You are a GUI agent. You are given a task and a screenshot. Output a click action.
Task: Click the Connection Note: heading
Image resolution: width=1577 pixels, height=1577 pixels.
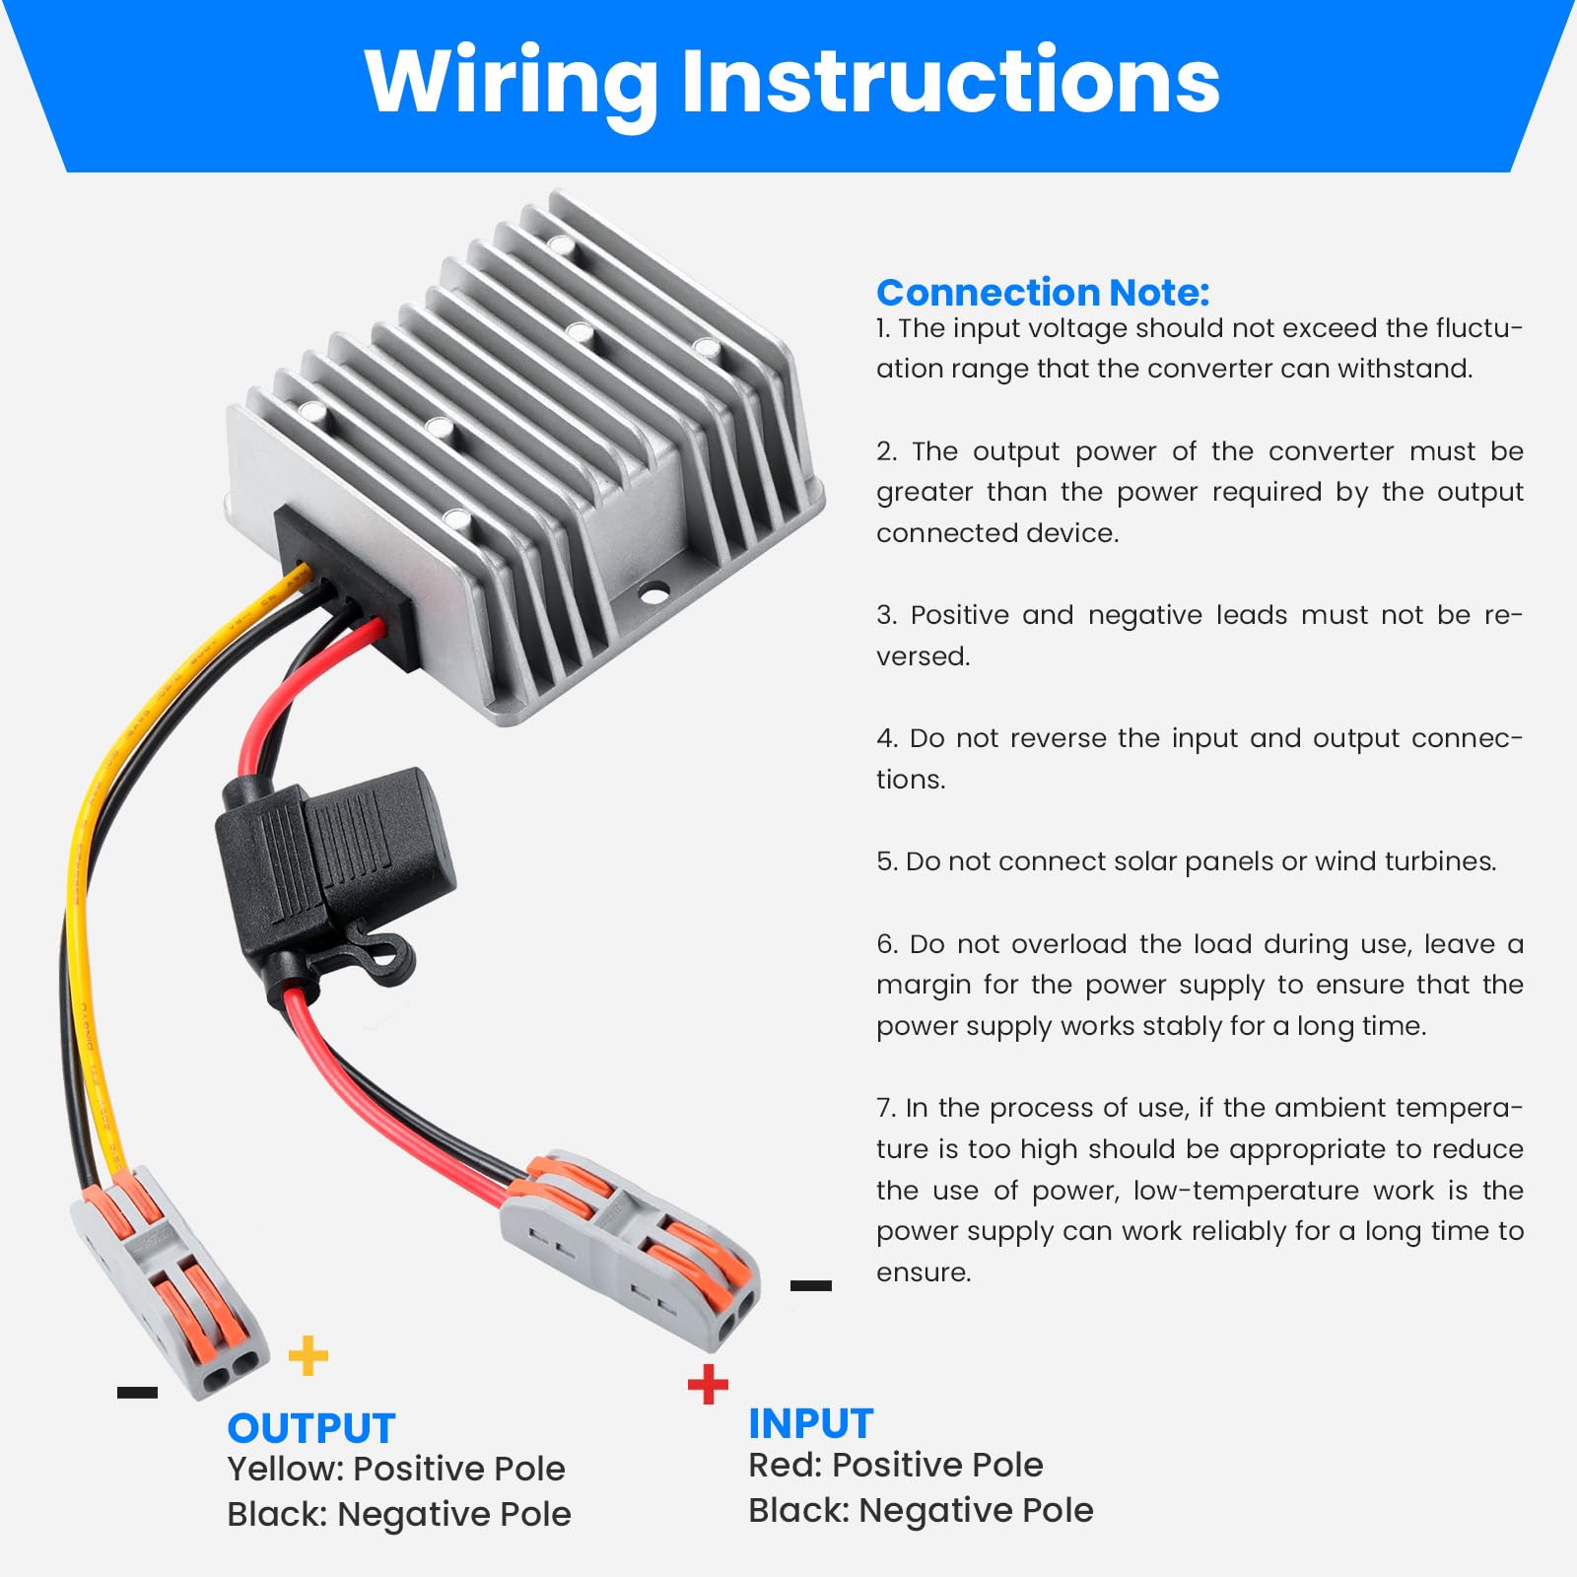(x=1042, y=293)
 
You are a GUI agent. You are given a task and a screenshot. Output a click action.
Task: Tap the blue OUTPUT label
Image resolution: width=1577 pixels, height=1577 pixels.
(x=310, y=1428)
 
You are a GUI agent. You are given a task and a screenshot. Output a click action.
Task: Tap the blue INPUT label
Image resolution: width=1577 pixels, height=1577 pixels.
(x=810, y=1423)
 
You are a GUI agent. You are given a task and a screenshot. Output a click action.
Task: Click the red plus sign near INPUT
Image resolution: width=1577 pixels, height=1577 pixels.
(x=708, y=1384)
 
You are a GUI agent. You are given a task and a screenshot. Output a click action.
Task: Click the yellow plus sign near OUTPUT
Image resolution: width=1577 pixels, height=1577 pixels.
(x=309, y=1355)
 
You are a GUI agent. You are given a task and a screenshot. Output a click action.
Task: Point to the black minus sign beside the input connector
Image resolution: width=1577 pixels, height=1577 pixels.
(x=810, y=1285)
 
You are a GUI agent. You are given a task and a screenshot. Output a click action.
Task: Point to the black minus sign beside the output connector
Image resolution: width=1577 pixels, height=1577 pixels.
(x=137, y=1392)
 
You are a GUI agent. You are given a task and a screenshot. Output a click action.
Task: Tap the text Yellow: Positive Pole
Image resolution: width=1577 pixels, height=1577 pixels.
(x=395, y=1469)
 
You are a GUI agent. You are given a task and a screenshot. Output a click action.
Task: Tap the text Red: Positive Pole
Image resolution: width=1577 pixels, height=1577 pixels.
(x=895, y=1465)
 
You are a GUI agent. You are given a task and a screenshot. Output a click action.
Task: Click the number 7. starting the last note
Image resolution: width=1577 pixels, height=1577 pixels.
(x=886, y=1108)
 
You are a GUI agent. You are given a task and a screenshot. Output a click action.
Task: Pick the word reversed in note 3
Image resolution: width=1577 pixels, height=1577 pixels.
(x=923, y=656)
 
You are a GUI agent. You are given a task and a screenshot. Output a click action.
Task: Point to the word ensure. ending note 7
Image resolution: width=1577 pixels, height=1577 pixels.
(x=923, y=1272)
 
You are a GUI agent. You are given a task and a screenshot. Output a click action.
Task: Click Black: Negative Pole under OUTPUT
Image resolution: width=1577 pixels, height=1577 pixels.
(x=398, y=1514)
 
